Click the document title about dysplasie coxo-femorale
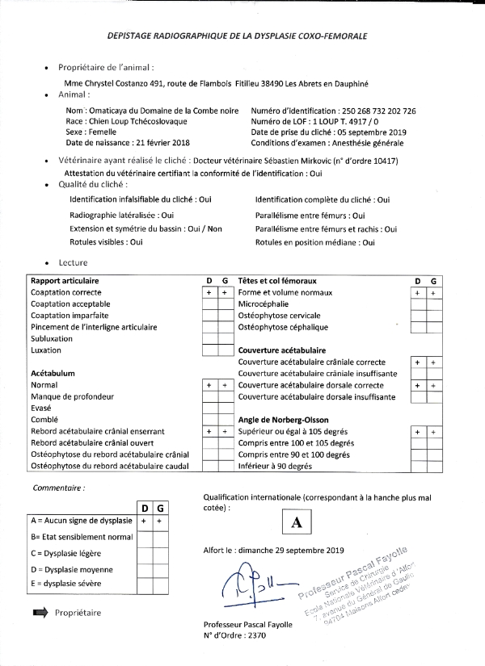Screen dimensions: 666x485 [237, 37]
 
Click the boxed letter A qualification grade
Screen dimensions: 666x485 [296, 522]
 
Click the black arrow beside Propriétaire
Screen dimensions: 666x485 [40, 613]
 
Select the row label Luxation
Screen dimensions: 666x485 [46, 350]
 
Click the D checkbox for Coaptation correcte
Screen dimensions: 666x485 [209, 291]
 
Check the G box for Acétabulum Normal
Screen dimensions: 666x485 [224, 386]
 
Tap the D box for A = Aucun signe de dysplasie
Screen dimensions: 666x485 [143, 521]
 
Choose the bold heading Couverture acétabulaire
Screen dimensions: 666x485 [281, 350]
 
